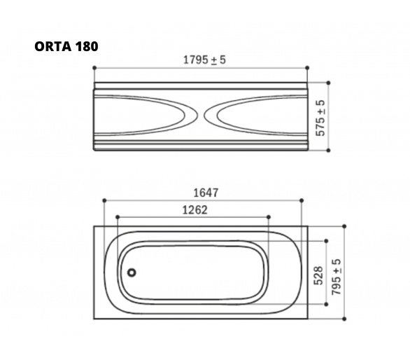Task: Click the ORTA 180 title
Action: click(x=66, y=47)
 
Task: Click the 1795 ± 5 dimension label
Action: click(x=204, y=60)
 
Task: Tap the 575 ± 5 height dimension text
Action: click(x=320, y=118)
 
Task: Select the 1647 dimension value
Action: click(x=206, y=193)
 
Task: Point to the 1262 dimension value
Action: click(x=195, y=209)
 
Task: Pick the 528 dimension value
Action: click(x=319, y=275)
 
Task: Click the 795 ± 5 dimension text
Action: click(x=337, y=277)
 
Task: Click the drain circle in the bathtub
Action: click(x=132, y=272)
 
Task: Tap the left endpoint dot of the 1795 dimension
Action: click(x=94, y=68)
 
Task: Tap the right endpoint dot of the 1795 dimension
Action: click(x=307, y=68)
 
